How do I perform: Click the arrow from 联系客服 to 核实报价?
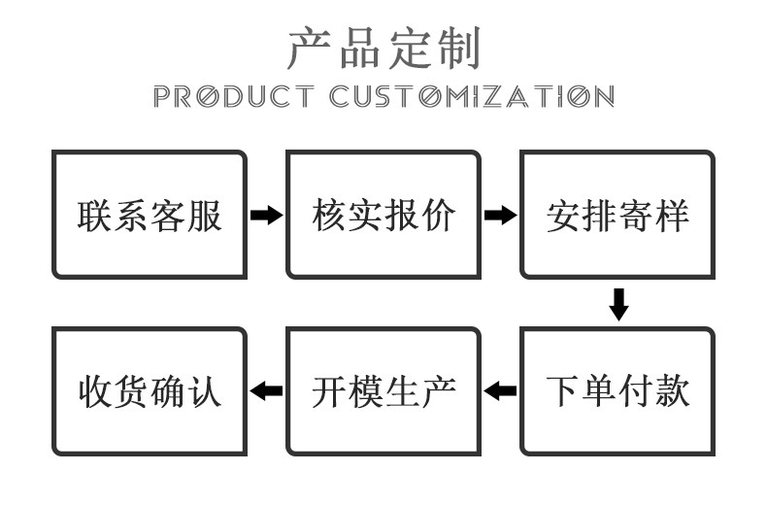[267, 215]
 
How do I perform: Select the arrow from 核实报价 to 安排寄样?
[500, 215]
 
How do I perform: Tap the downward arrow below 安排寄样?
[618, 304]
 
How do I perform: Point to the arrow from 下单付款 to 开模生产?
[500, 391]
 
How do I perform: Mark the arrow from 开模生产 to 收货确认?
[266, 391]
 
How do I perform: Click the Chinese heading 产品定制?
[384, 48]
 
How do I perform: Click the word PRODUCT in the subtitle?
[234, 96]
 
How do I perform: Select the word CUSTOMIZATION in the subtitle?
[472, 96]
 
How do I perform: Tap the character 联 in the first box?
[95, 216]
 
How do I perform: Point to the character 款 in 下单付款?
[672, 391]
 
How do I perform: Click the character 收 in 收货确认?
[96, 391]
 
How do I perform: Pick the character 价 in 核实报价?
[438, 216]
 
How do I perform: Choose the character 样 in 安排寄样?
[672, 216]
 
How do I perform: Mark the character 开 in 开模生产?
[330, 391]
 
